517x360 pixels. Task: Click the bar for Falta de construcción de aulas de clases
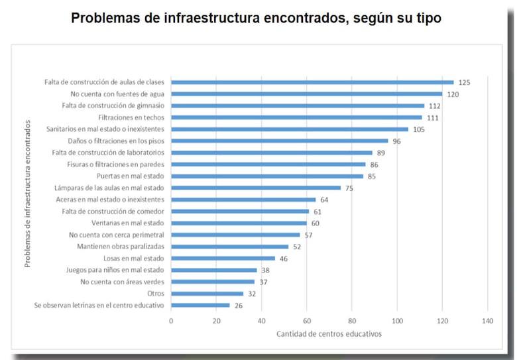[x=312, y=82]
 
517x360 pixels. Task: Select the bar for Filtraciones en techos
[x=296, y=117]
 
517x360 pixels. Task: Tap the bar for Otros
[x=207, y=294]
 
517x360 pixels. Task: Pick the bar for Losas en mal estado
[x=223, y=259]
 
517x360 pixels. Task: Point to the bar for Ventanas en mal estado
[x=239, y=223]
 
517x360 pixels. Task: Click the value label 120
[x=453, y=94]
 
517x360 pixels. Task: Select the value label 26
[x=239, y=306]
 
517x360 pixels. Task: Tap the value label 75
[x=349, y=188]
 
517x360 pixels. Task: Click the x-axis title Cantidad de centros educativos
[x=329, y=333]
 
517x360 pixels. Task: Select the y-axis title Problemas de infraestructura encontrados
[x=27, y=194]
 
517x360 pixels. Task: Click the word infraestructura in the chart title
[x=211, y=19]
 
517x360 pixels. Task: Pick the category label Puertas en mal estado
[x=129, y=176]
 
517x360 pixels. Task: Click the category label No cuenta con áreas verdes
[x=122, y=282]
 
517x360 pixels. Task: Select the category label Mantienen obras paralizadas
[x=121, y=247]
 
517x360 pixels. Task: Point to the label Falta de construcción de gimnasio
[x=113, y=105]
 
